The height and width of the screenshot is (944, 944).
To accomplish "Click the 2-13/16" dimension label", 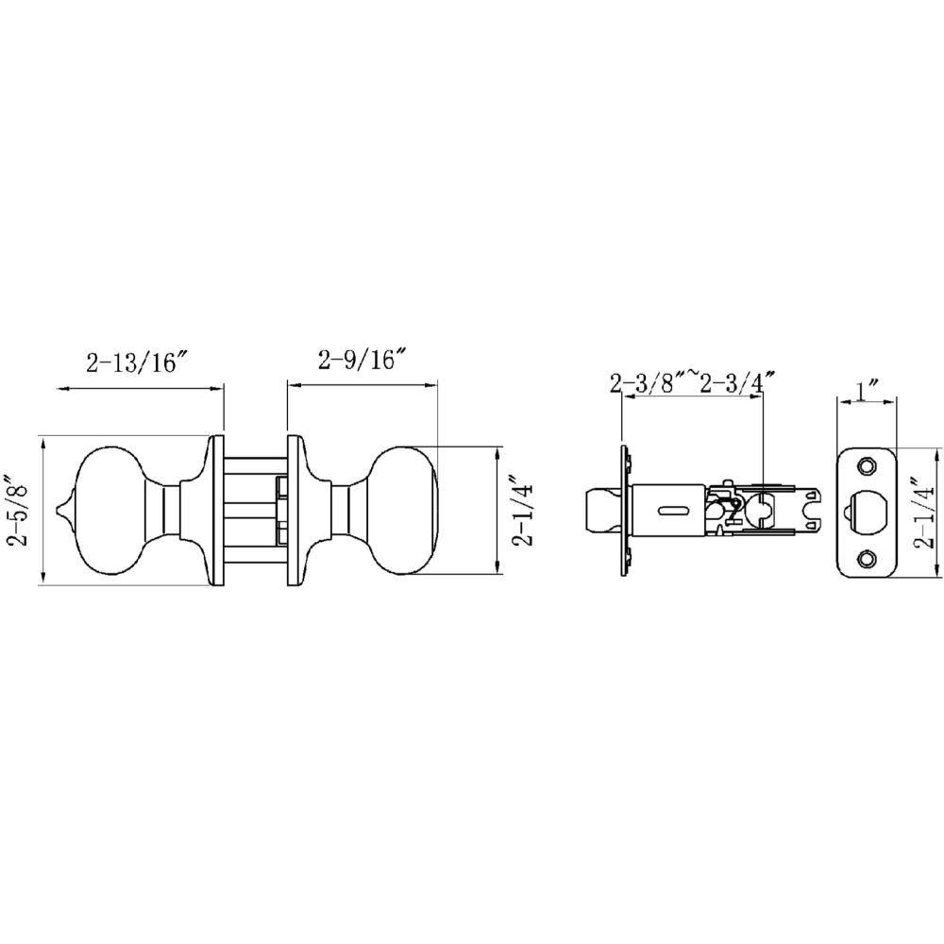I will pyautogui.click(x=138, y=363).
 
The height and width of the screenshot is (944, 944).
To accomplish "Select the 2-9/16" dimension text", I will pyautogui.click(x=362, y=360).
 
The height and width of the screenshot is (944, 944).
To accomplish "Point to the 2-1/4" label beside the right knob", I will pyautogui.click(x=525, y=511).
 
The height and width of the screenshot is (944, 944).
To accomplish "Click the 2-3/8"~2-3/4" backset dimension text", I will pyautogui.click(x=691, y=382).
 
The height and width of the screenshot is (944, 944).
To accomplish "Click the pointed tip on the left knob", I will pyautogui.click(x=62, y=511).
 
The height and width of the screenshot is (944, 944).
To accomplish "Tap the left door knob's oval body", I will pyautogui.click(x=109, y=511).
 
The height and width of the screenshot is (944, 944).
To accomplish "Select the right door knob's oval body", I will pyautogui.click(x=405, y=511).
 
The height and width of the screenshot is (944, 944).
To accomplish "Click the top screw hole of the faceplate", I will pyautogui.click(x=867, y=465).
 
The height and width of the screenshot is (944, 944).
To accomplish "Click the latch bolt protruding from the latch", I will pyautogui.click(x=601, y=511).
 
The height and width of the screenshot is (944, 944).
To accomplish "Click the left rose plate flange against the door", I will pyautogui.click(x=216, y=511).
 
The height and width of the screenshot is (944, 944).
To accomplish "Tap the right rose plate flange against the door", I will pyautogui.click(x=294, y=511).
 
